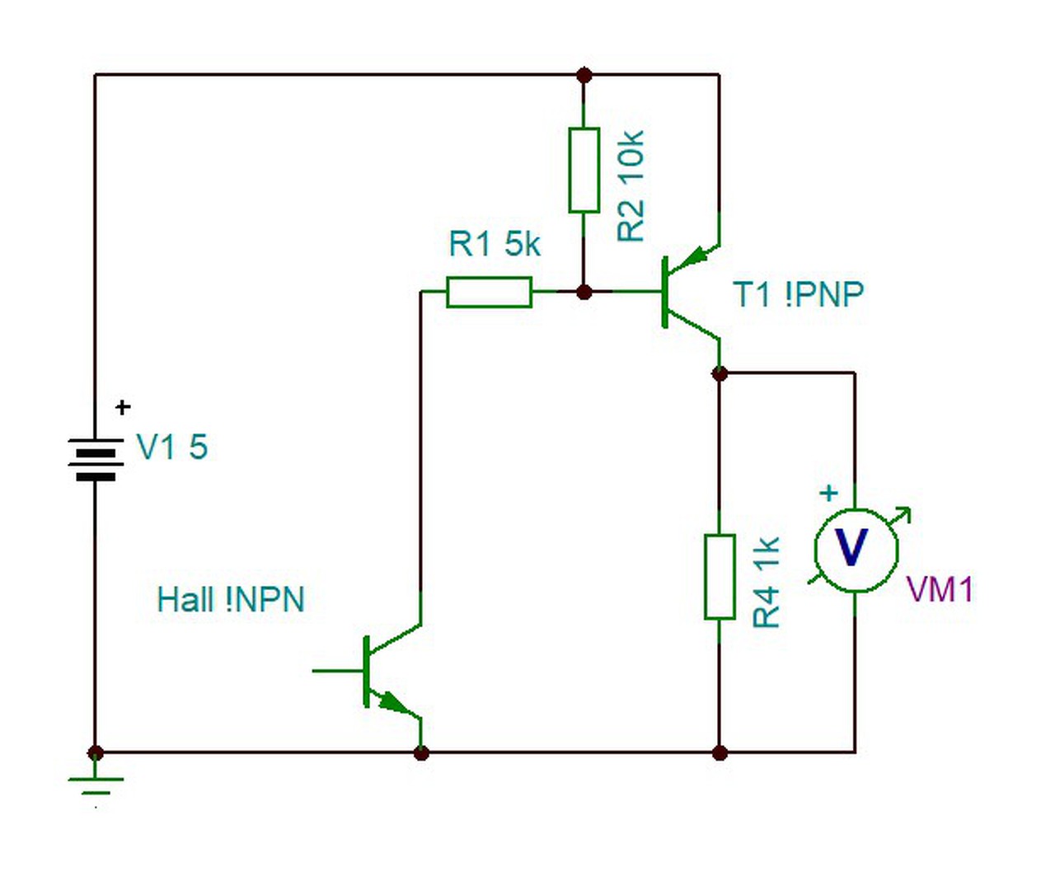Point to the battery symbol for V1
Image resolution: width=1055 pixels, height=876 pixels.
(x=96, y=459)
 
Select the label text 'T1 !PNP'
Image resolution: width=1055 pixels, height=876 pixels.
(x=799, y=294)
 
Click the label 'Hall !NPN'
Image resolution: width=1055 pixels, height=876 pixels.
(x=231, y=600)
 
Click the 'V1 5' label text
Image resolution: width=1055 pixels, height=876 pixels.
(x=172, y=447)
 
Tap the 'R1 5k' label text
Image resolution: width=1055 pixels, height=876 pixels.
(x=495, y=244)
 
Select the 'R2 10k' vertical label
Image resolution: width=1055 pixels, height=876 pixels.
(x=631, y=185)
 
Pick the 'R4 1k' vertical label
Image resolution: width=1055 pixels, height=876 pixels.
(x=766, y=582)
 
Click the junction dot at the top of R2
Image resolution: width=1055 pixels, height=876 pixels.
(x=584, y=75)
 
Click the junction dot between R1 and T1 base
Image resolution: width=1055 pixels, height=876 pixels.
(x=584, y=292)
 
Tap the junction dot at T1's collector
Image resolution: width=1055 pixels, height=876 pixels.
(x=720, y=374)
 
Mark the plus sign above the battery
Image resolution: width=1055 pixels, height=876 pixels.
(x=123, y=406)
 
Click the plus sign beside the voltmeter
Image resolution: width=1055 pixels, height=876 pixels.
(x=829, y=493)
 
